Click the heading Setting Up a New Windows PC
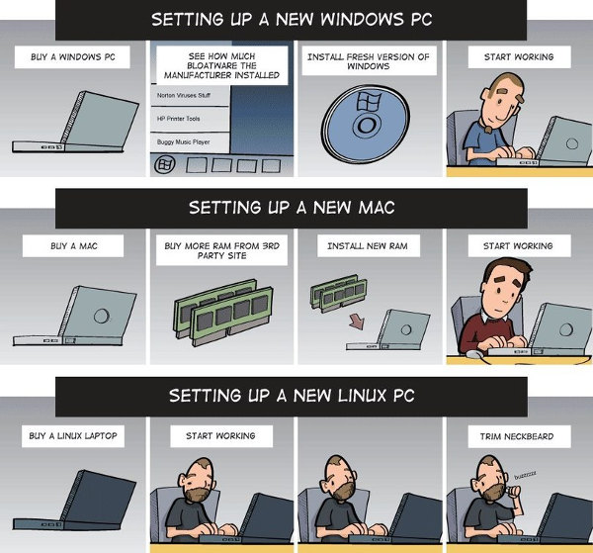click(x=296, y=19)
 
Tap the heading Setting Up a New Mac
click(x=296, y=208)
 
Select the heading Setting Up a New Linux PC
click(x=296, y=396)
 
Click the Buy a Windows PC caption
click(x=73, y=57)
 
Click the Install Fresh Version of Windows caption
click(x=369, y=62)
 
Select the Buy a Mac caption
click(x=73, y=245)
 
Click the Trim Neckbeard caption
click(x=518, y=435)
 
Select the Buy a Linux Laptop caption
click(x=73, y=435)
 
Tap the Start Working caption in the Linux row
click(x=220, y=435)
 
